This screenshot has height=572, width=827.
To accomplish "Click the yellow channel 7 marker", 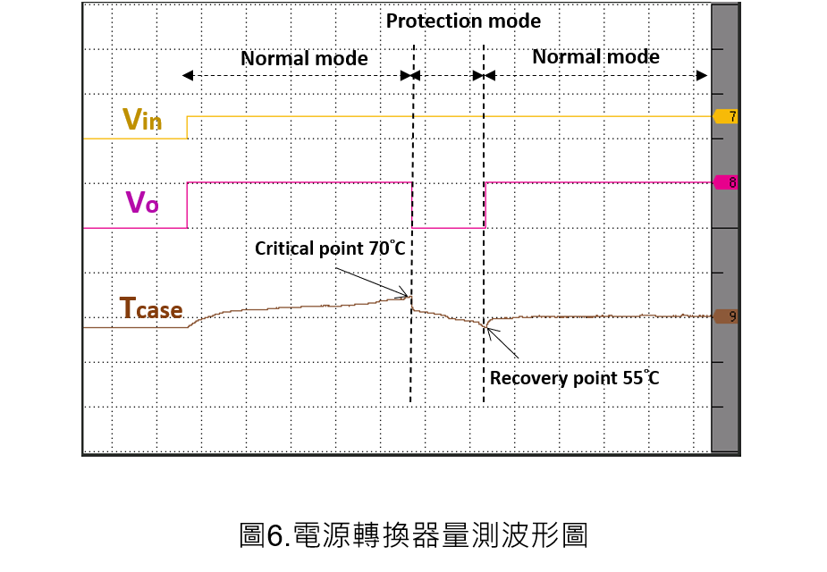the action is pos(725,116).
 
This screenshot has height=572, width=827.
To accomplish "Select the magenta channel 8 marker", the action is pos(725,182).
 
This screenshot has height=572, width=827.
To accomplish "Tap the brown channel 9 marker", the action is pos(725,316).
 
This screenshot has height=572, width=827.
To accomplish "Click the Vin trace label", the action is pos(142,119).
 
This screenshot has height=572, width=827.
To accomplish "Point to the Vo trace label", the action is pos(142,202).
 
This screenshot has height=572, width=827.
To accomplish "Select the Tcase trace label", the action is pos(151,307).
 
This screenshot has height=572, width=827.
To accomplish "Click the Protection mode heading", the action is pos(463,21).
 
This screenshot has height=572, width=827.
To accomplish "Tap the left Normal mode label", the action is pos(304,58).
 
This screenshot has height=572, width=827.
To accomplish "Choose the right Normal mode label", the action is pos(595,56).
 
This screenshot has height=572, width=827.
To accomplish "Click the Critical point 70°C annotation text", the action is pos(330,248).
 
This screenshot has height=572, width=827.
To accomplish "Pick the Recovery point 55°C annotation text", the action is pos(574,377).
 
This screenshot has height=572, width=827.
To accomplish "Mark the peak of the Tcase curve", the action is pos(410,297).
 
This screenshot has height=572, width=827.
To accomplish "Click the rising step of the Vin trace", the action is pos(187,127).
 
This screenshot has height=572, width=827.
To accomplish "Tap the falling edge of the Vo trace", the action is pos(412,205).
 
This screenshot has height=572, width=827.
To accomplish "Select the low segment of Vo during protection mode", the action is pos(448,228).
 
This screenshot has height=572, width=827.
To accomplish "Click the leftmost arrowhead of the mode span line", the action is pos(188,76).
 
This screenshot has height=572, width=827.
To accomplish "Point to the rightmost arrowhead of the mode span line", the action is pos(702,76).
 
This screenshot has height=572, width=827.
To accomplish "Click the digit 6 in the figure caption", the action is pos(275,535).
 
